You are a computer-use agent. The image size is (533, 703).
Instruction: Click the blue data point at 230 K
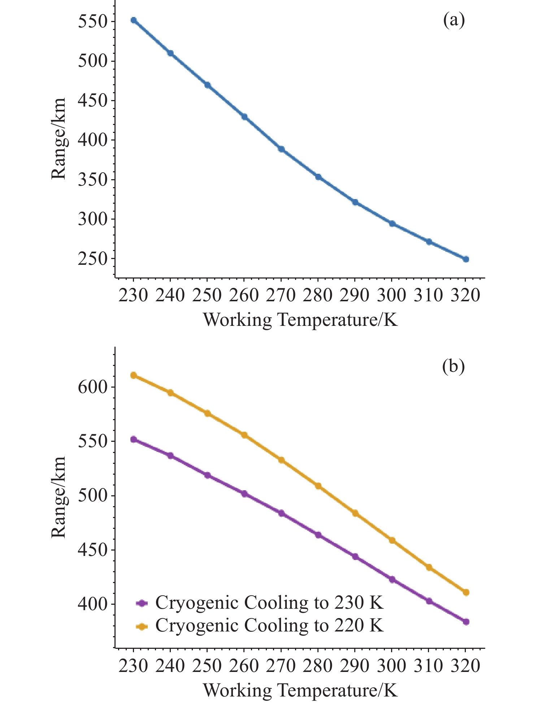[134, 20]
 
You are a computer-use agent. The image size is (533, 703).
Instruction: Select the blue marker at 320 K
[466, 259]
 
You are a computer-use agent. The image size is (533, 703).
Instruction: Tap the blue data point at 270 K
[281, 149]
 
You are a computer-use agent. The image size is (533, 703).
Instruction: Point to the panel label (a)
[454, 21]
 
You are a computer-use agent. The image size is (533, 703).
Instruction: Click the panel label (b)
[453, 367]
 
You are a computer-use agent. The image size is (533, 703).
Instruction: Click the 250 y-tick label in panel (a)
[93, 259]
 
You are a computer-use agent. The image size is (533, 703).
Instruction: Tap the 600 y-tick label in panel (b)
[93, 387]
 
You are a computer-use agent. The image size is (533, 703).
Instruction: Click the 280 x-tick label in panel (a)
[318, 296]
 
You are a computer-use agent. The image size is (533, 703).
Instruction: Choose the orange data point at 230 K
[134, 375]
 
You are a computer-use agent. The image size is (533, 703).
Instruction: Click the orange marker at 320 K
[466, 592]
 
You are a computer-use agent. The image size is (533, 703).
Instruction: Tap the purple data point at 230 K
[134, 439]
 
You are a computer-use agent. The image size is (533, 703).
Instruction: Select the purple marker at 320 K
[466, 622]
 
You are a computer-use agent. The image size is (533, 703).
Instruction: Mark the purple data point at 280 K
[318, 535]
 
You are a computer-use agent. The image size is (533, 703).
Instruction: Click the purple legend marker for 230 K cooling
[142, 603]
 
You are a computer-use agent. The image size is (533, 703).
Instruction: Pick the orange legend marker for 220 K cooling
[142, 627]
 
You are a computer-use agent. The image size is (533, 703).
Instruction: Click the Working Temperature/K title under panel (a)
[300, 320]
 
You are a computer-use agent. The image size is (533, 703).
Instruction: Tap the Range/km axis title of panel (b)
[58, 497]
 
